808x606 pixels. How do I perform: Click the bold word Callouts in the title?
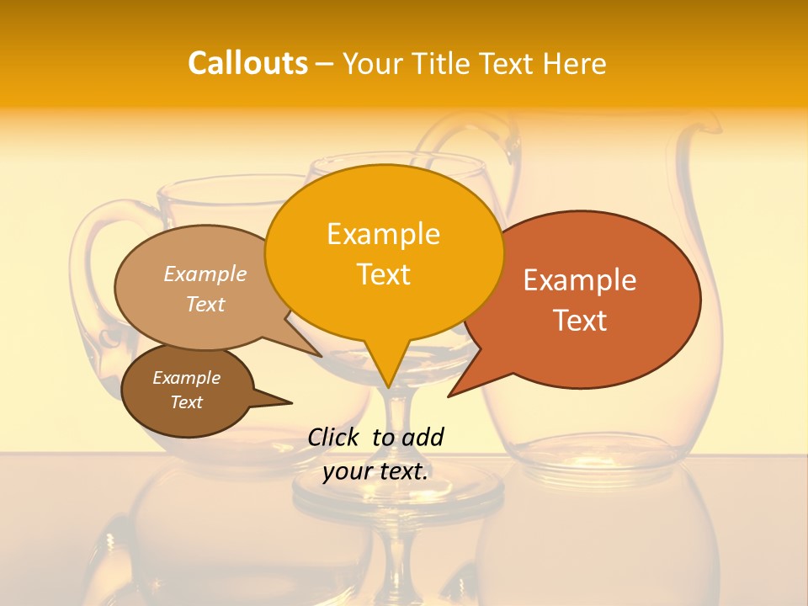coord(247,63)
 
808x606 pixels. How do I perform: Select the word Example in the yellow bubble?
coord(383,234)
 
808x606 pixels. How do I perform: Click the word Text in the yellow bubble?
coord(383,274)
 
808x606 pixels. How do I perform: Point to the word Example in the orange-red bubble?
coord(580,280)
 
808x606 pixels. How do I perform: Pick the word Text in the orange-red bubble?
coord(580,321)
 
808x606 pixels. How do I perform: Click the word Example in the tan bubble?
coord(205,274)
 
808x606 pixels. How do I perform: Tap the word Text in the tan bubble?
coord(205,304)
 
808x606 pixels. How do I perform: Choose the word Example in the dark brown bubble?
coord(187,378)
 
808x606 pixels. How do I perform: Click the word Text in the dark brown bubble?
coord(187,402)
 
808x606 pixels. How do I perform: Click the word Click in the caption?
coord(334,437)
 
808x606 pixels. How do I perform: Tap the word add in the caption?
coord(423,437)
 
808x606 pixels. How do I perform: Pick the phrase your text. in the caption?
coord(375,471)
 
